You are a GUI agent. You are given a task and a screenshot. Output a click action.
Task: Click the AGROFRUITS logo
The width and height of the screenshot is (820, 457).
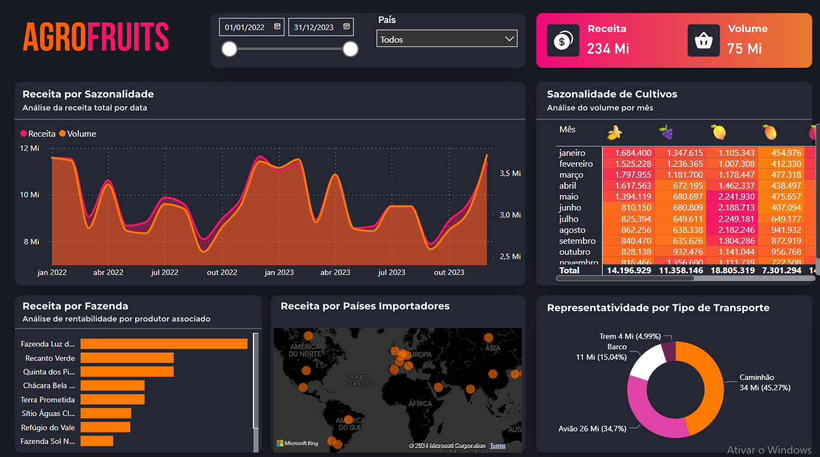96,37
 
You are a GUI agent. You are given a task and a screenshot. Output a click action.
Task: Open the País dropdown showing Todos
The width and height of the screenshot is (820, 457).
447,39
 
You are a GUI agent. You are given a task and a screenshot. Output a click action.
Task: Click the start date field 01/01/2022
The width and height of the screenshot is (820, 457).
251,27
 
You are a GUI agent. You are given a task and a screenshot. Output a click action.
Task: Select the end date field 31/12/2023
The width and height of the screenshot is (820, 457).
320,27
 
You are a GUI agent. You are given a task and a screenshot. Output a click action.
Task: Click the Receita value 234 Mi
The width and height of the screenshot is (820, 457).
608,49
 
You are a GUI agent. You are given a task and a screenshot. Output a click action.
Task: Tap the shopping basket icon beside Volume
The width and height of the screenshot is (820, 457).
703,40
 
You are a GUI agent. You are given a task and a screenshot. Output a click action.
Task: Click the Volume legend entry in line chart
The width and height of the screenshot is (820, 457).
78,134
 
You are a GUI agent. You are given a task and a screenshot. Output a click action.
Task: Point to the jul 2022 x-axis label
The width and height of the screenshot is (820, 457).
165,272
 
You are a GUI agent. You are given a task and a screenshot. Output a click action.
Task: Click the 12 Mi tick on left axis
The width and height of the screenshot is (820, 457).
30,148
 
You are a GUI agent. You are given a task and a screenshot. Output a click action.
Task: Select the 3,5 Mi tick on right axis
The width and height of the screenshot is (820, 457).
510,173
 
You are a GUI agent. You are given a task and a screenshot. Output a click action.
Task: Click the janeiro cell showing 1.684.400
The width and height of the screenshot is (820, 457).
633,153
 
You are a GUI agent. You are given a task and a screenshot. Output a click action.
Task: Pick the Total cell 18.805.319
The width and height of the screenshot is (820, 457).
732,270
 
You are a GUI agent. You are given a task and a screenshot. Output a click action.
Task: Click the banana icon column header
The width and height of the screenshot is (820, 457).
615,132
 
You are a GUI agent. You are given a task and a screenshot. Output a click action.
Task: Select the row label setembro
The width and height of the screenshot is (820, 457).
577,241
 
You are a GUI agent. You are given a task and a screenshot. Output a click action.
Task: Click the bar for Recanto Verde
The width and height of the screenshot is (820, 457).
127,358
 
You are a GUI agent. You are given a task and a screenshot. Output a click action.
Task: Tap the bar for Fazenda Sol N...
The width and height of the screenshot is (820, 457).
97,441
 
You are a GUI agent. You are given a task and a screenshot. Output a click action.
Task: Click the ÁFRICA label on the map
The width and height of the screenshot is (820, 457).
420,403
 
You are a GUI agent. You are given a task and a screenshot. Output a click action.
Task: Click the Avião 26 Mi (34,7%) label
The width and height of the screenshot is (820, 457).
592,429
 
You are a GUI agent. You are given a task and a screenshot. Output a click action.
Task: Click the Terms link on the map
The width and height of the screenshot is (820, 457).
498,446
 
